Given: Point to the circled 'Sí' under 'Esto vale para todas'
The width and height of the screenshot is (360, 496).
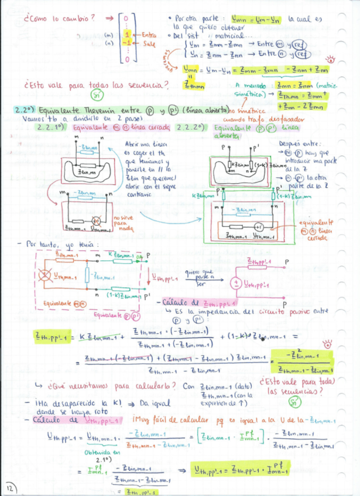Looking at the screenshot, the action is tap(96, 95).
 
